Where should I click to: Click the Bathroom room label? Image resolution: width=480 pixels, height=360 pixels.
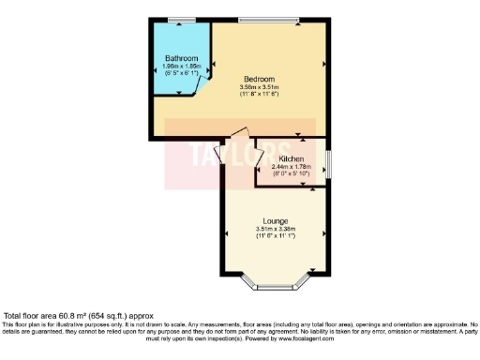point(181,58)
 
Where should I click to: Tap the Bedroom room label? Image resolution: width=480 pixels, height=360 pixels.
point(259,80)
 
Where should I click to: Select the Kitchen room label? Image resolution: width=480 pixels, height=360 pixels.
point(292,159)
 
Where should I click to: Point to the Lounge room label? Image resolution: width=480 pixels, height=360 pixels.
point(276,220)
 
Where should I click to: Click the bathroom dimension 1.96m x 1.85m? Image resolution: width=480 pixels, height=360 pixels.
point(181,66)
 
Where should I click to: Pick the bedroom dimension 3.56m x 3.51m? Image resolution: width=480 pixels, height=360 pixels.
point(260,88)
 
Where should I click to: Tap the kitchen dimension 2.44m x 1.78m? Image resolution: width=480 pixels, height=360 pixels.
point(292,167)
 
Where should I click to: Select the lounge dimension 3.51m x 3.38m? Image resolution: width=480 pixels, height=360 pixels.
point(276,229)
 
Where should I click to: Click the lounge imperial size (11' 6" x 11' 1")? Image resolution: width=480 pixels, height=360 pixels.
point(276,235)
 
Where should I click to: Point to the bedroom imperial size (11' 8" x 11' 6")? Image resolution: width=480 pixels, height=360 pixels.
point(260,95)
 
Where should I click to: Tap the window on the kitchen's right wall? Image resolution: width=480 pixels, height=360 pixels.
point(328,163)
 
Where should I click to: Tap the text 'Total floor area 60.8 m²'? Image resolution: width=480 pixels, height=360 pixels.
point(52,317)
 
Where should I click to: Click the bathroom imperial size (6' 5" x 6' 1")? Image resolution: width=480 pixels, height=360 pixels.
point(181,72)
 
